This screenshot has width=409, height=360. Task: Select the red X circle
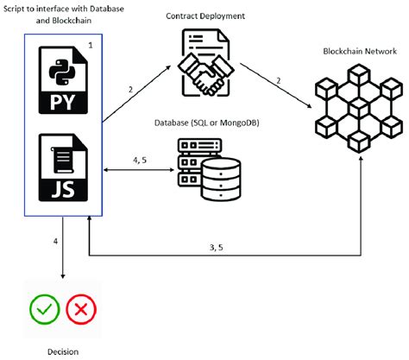click(x=81, y=308)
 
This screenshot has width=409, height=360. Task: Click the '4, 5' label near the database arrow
click(x=139, y=159)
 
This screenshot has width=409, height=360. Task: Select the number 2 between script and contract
click(x=129, y=90)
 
